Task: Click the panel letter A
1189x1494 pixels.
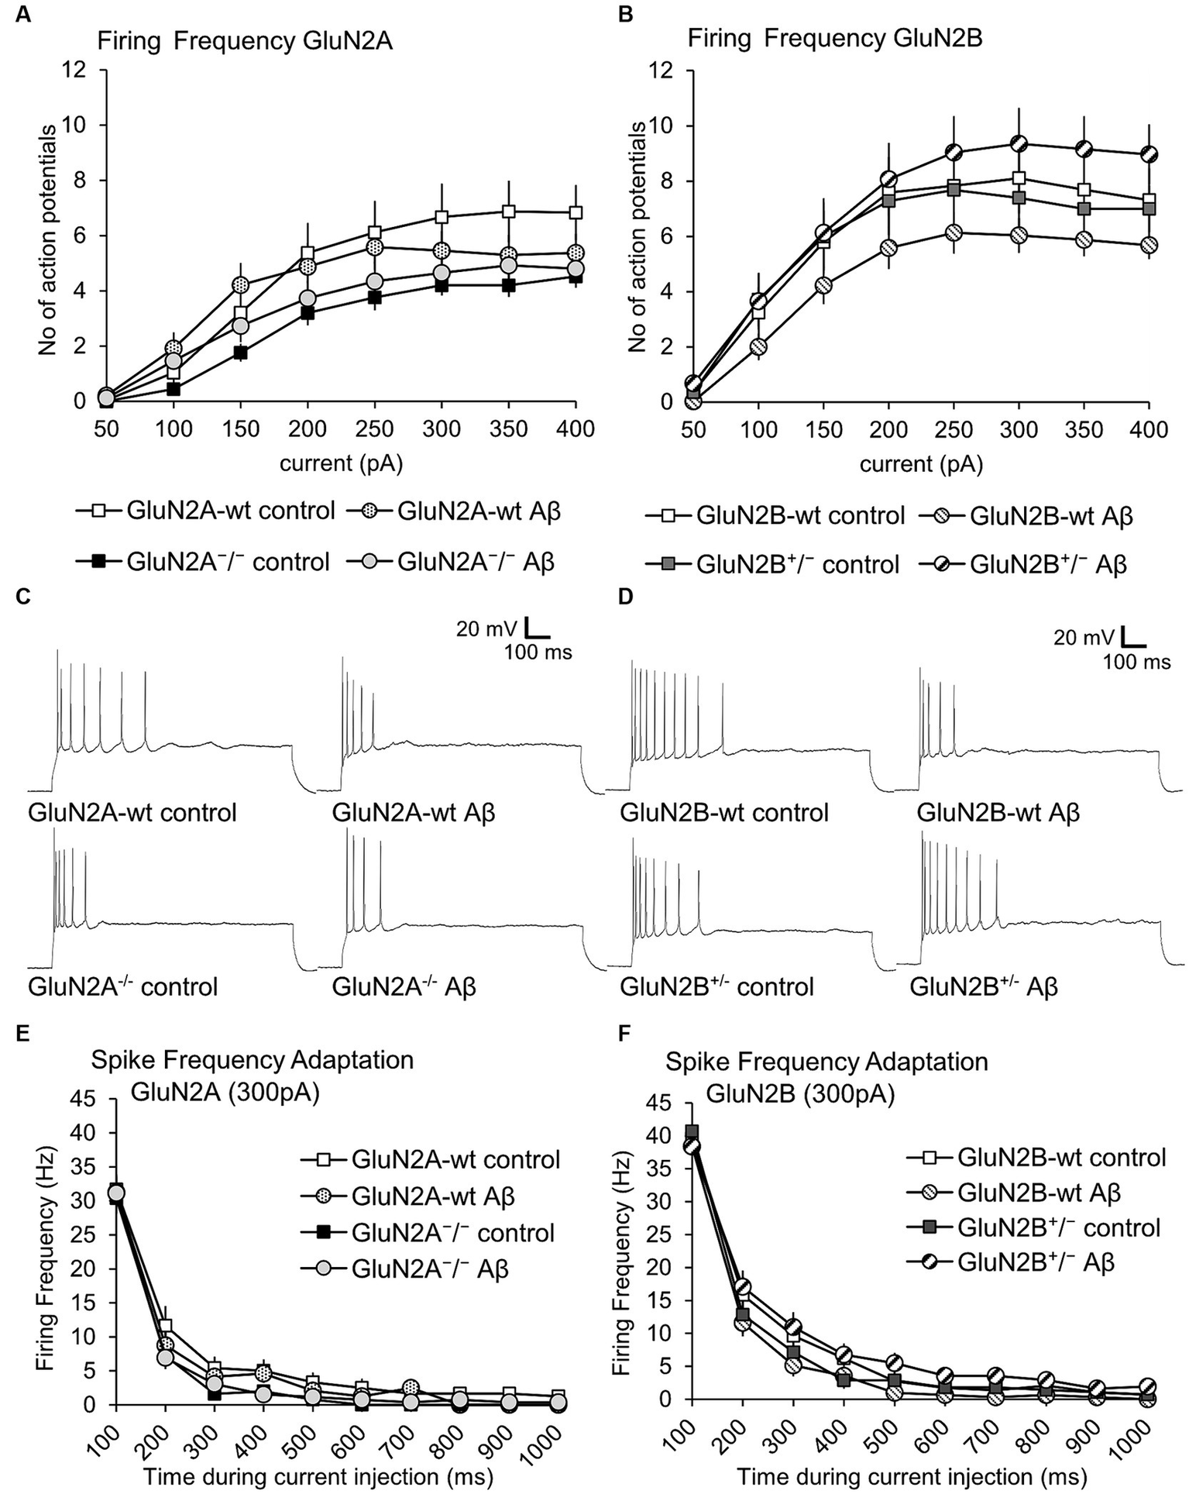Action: click(x=24, y=15)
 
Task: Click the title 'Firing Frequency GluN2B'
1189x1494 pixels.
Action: click(x=835, y=40)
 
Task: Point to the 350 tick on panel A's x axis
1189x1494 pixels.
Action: click(x=508, y=429)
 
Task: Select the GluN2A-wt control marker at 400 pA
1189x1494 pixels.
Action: click(x=575, y=212)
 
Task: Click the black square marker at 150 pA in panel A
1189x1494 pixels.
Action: click(x=240, y=353)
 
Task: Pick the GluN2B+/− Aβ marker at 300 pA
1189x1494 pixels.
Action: click(x=1019, y=143)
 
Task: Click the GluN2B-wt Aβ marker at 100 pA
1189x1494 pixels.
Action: click(x=758, y=346)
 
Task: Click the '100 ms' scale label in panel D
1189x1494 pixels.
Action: click(x=1136, y=662)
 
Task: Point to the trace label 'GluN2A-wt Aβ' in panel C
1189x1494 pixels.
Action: click(x=414, y=813)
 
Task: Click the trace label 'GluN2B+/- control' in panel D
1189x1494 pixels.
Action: click(x=716, y=986)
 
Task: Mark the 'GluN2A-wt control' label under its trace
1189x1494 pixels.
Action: click(x=132, y=813)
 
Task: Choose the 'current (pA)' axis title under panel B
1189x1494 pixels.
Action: click(x=921, y=463)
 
